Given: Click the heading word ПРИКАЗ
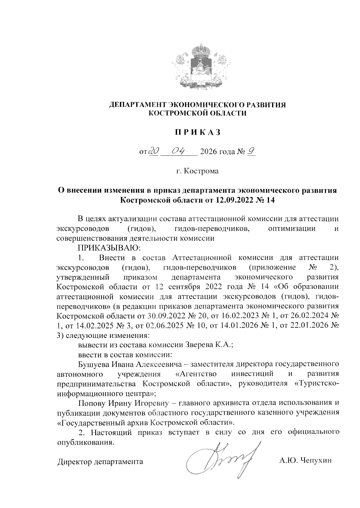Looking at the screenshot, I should pos(198,132).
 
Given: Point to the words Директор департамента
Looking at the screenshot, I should pos(100,462).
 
